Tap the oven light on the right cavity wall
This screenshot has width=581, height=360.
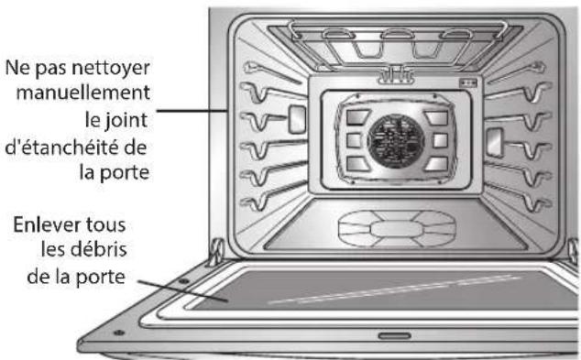coord(495,139)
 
